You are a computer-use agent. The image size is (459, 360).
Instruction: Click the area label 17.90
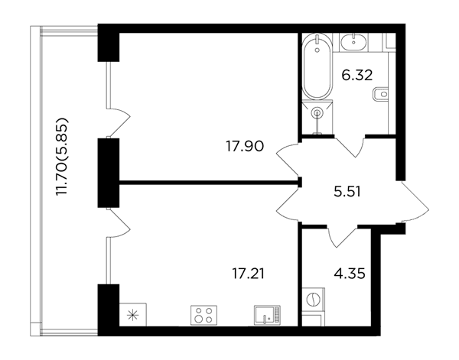pos(245,146)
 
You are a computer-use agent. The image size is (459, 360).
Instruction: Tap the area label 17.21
pos(248,274)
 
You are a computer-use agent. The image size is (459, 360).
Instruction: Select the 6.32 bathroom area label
pos(357,75)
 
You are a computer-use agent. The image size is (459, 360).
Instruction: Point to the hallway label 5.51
pos(347,192)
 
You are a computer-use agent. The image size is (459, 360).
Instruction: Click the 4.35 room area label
pos(350,274)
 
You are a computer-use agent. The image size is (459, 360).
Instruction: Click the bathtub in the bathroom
pos(317,67)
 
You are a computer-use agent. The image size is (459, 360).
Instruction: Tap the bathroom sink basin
pos(353,42)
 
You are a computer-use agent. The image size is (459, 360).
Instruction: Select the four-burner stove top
pos(203,315)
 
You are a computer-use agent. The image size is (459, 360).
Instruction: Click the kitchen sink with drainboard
pos(267,315)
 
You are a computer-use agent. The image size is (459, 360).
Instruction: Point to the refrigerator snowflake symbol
pos(133,315)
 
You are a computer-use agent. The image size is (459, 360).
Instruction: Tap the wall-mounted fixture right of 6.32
pos(380,94)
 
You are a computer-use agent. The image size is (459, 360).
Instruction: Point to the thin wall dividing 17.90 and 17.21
pos(210,183)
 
